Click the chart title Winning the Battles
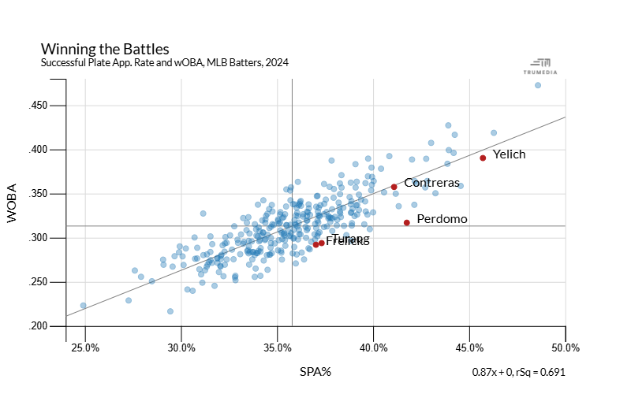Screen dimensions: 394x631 [104, 49]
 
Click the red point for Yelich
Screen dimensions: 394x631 [483, 158]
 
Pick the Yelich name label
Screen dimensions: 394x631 [509, 154]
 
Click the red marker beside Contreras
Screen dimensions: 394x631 [394, 187]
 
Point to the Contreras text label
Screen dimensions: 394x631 [431, 183]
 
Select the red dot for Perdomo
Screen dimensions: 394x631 [407, 222]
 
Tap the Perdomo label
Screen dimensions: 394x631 [442, 218]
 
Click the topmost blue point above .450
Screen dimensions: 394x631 [538, 85]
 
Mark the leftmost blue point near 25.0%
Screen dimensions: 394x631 [83, 306]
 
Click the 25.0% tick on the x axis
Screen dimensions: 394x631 [85, 348]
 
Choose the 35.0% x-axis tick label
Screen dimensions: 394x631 [278, 348]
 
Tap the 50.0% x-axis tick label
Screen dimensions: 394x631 [566, 348]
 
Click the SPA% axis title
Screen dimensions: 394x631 [315, 371]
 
